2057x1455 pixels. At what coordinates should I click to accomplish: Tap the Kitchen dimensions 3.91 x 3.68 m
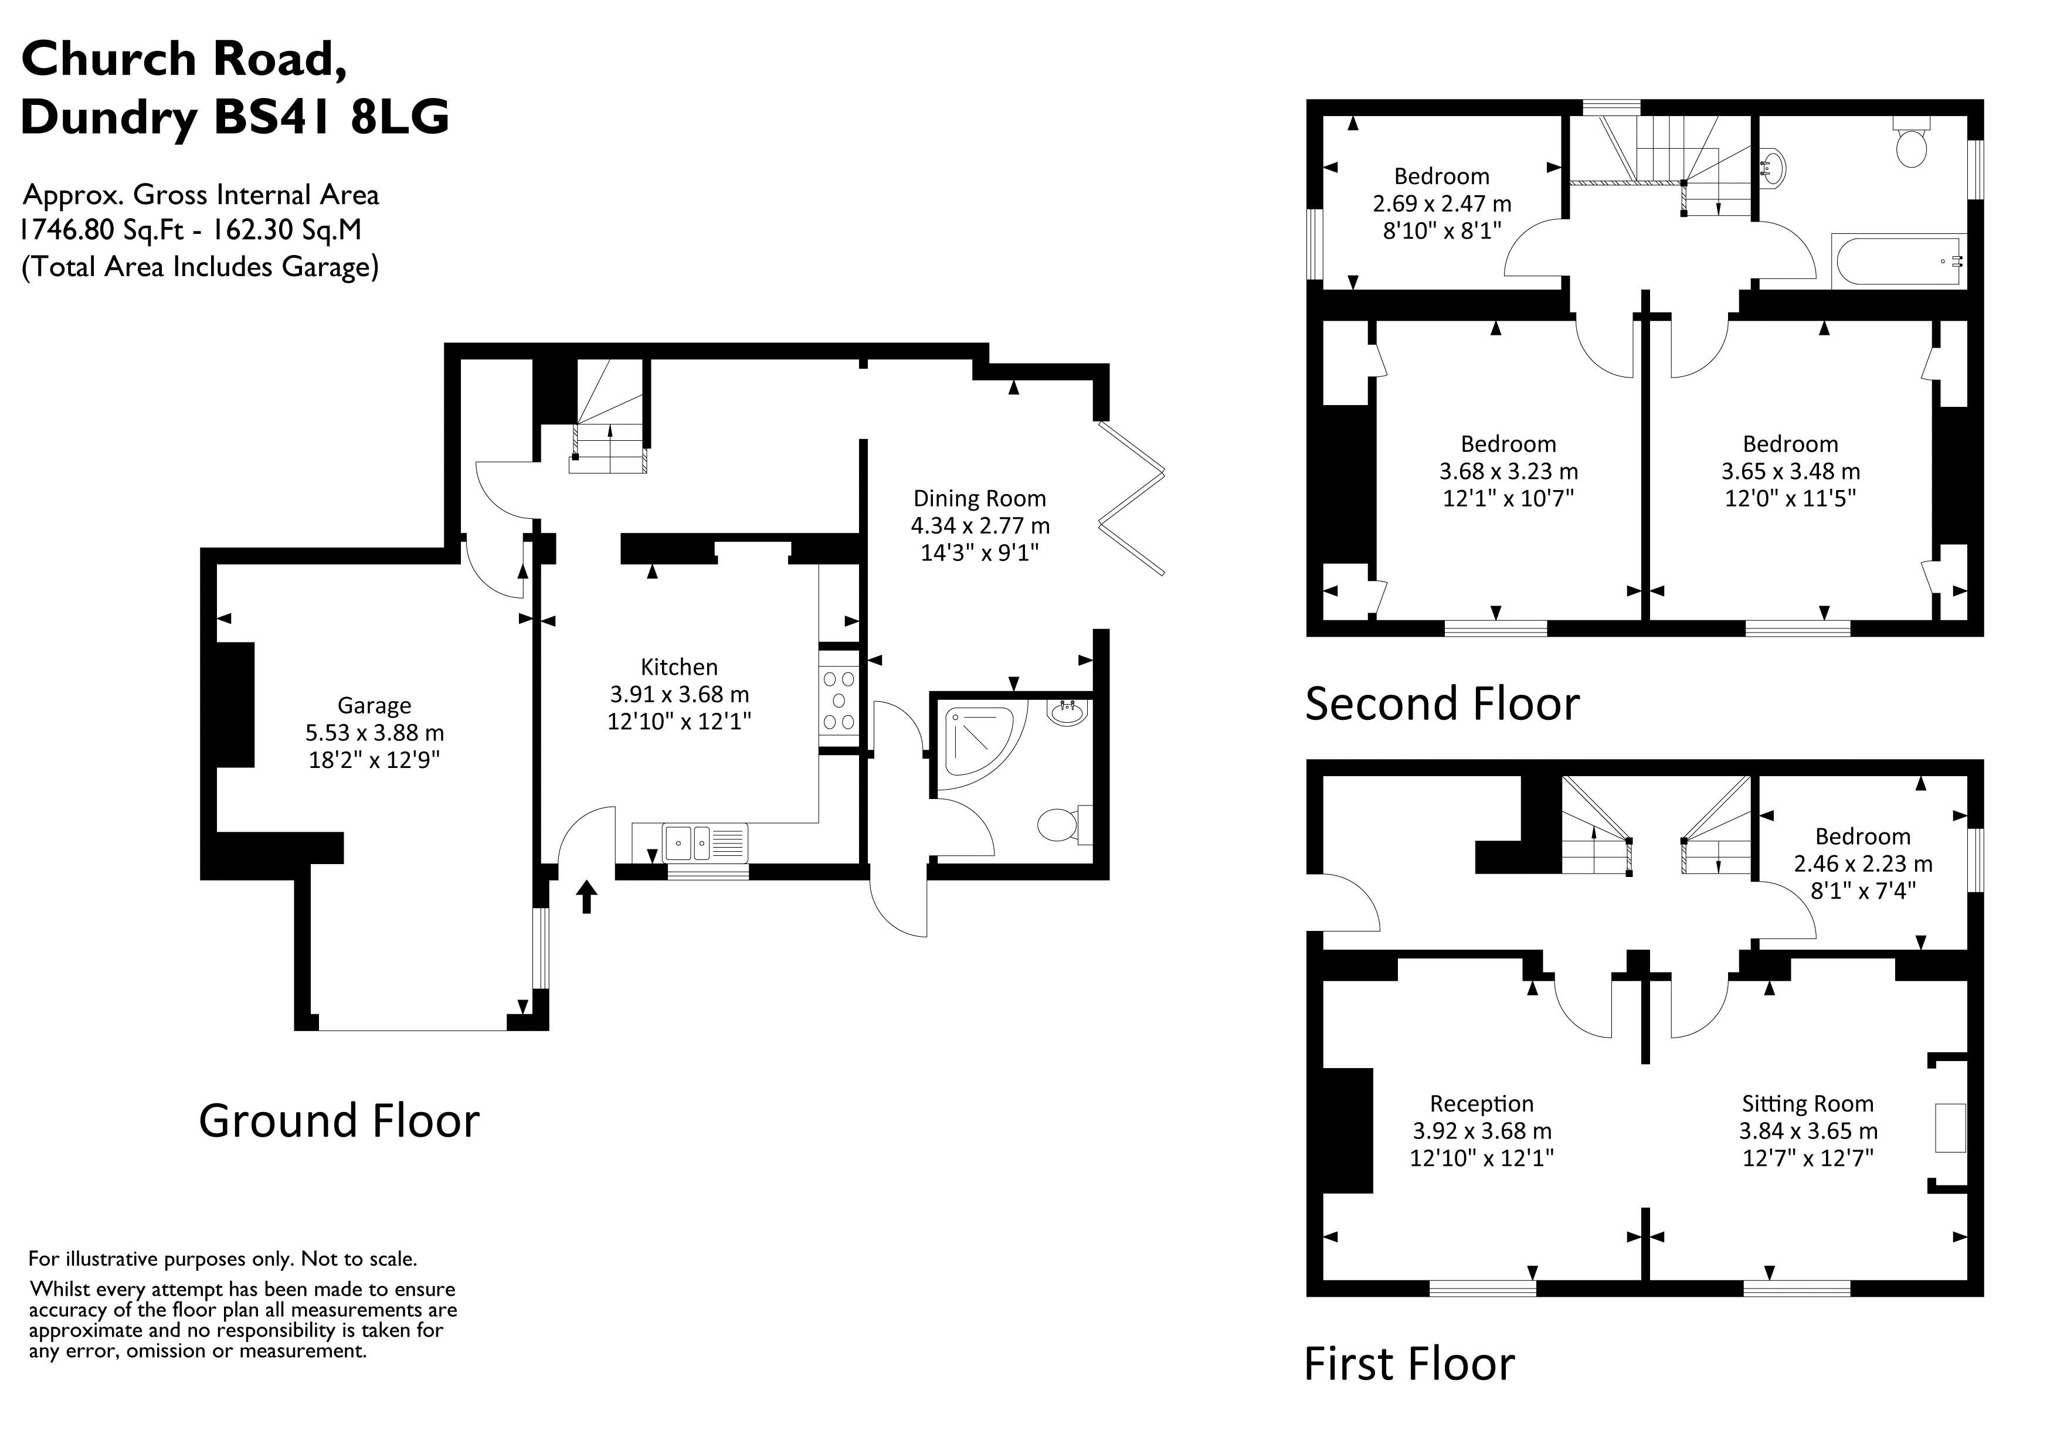coord(679,694)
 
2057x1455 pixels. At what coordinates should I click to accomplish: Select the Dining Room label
coord(979,498)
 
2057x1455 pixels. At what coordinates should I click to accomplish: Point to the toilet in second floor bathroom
coord(1911,148)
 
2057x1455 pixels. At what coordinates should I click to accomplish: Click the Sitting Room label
coord(1807,1104)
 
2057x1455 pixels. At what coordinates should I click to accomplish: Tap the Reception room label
coord(1481,1104)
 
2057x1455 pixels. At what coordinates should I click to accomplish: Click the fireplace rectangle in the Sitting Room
coord(1950,1128)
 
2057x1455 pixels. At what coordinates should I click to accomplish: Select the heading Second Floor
coord(1441,703)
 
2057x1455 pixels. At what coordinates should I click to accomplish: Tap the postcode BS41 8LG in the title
coord(331,117)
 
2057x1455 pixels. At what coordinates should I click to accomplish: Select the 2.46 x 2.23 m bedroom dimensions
coord(1862,864)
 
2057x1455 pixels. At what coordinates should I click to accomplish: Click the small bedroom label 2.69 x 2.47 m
coord(1441,203)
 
